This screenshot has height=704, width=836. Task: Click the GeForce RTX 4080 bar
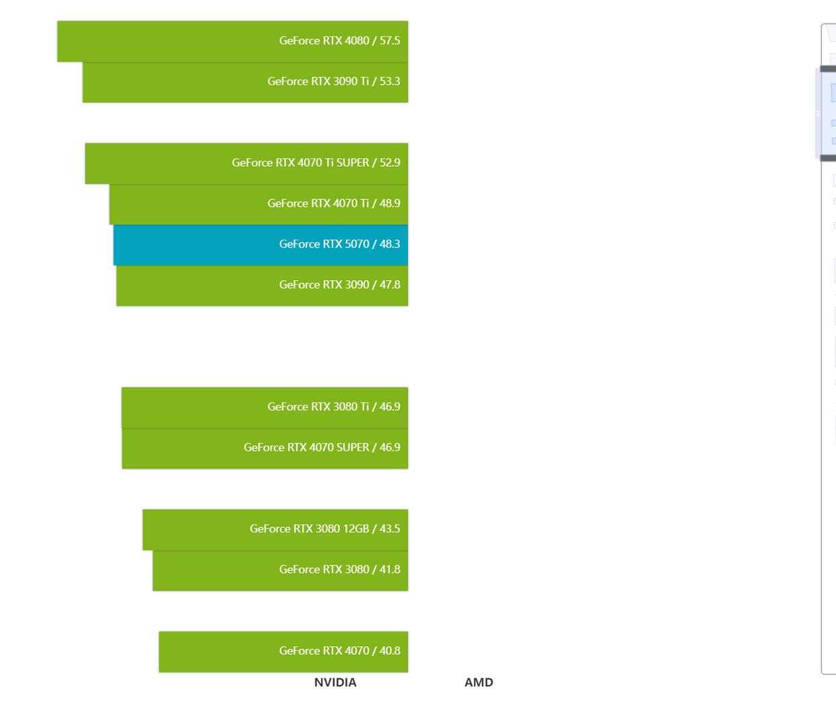click(233, 41)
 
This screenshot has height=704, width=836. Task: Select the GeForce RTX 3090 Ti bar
click(246, 82)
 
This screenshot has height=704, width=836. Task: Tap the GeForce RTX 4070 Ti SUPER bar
click(246, 164)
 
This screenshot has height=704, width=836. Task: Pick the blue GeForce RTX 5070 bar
click(260, 245)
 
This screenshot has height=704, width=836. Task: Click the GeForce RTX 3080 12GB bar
click(275, 530)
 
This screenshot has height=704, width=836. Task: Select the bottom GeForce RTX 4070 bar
click(283, 652)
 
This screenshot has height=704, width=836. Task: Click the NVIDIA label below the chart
click(335, 682)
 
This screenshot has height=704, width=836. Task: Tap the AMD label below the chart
click(479, 682)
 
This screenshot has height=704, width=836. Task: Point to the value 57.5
click(390, 41)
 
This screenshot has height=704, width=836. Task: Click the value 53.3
click(390, 81)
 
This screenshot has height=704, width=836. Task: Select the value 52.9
click(390, 163)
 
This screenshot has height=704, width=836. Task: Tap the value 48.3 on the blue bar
click(390, 244)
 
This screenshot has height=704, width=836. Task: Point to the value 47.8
click(390, 285)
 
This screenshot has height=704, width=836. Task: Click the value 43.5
click(390, 528)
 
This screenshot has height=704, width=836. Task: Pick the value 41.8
click(390, 569)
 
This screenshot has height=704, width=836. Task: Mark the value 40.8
click(390, 651)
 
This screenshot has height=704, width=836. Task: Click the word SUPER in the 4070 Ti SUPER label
click(353, 163)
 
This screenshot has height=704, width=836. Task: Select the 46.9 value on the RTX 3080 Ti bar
click(390, 407)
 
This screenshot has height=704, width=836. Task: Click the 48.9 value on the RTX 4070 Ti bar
click(390, 203)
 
